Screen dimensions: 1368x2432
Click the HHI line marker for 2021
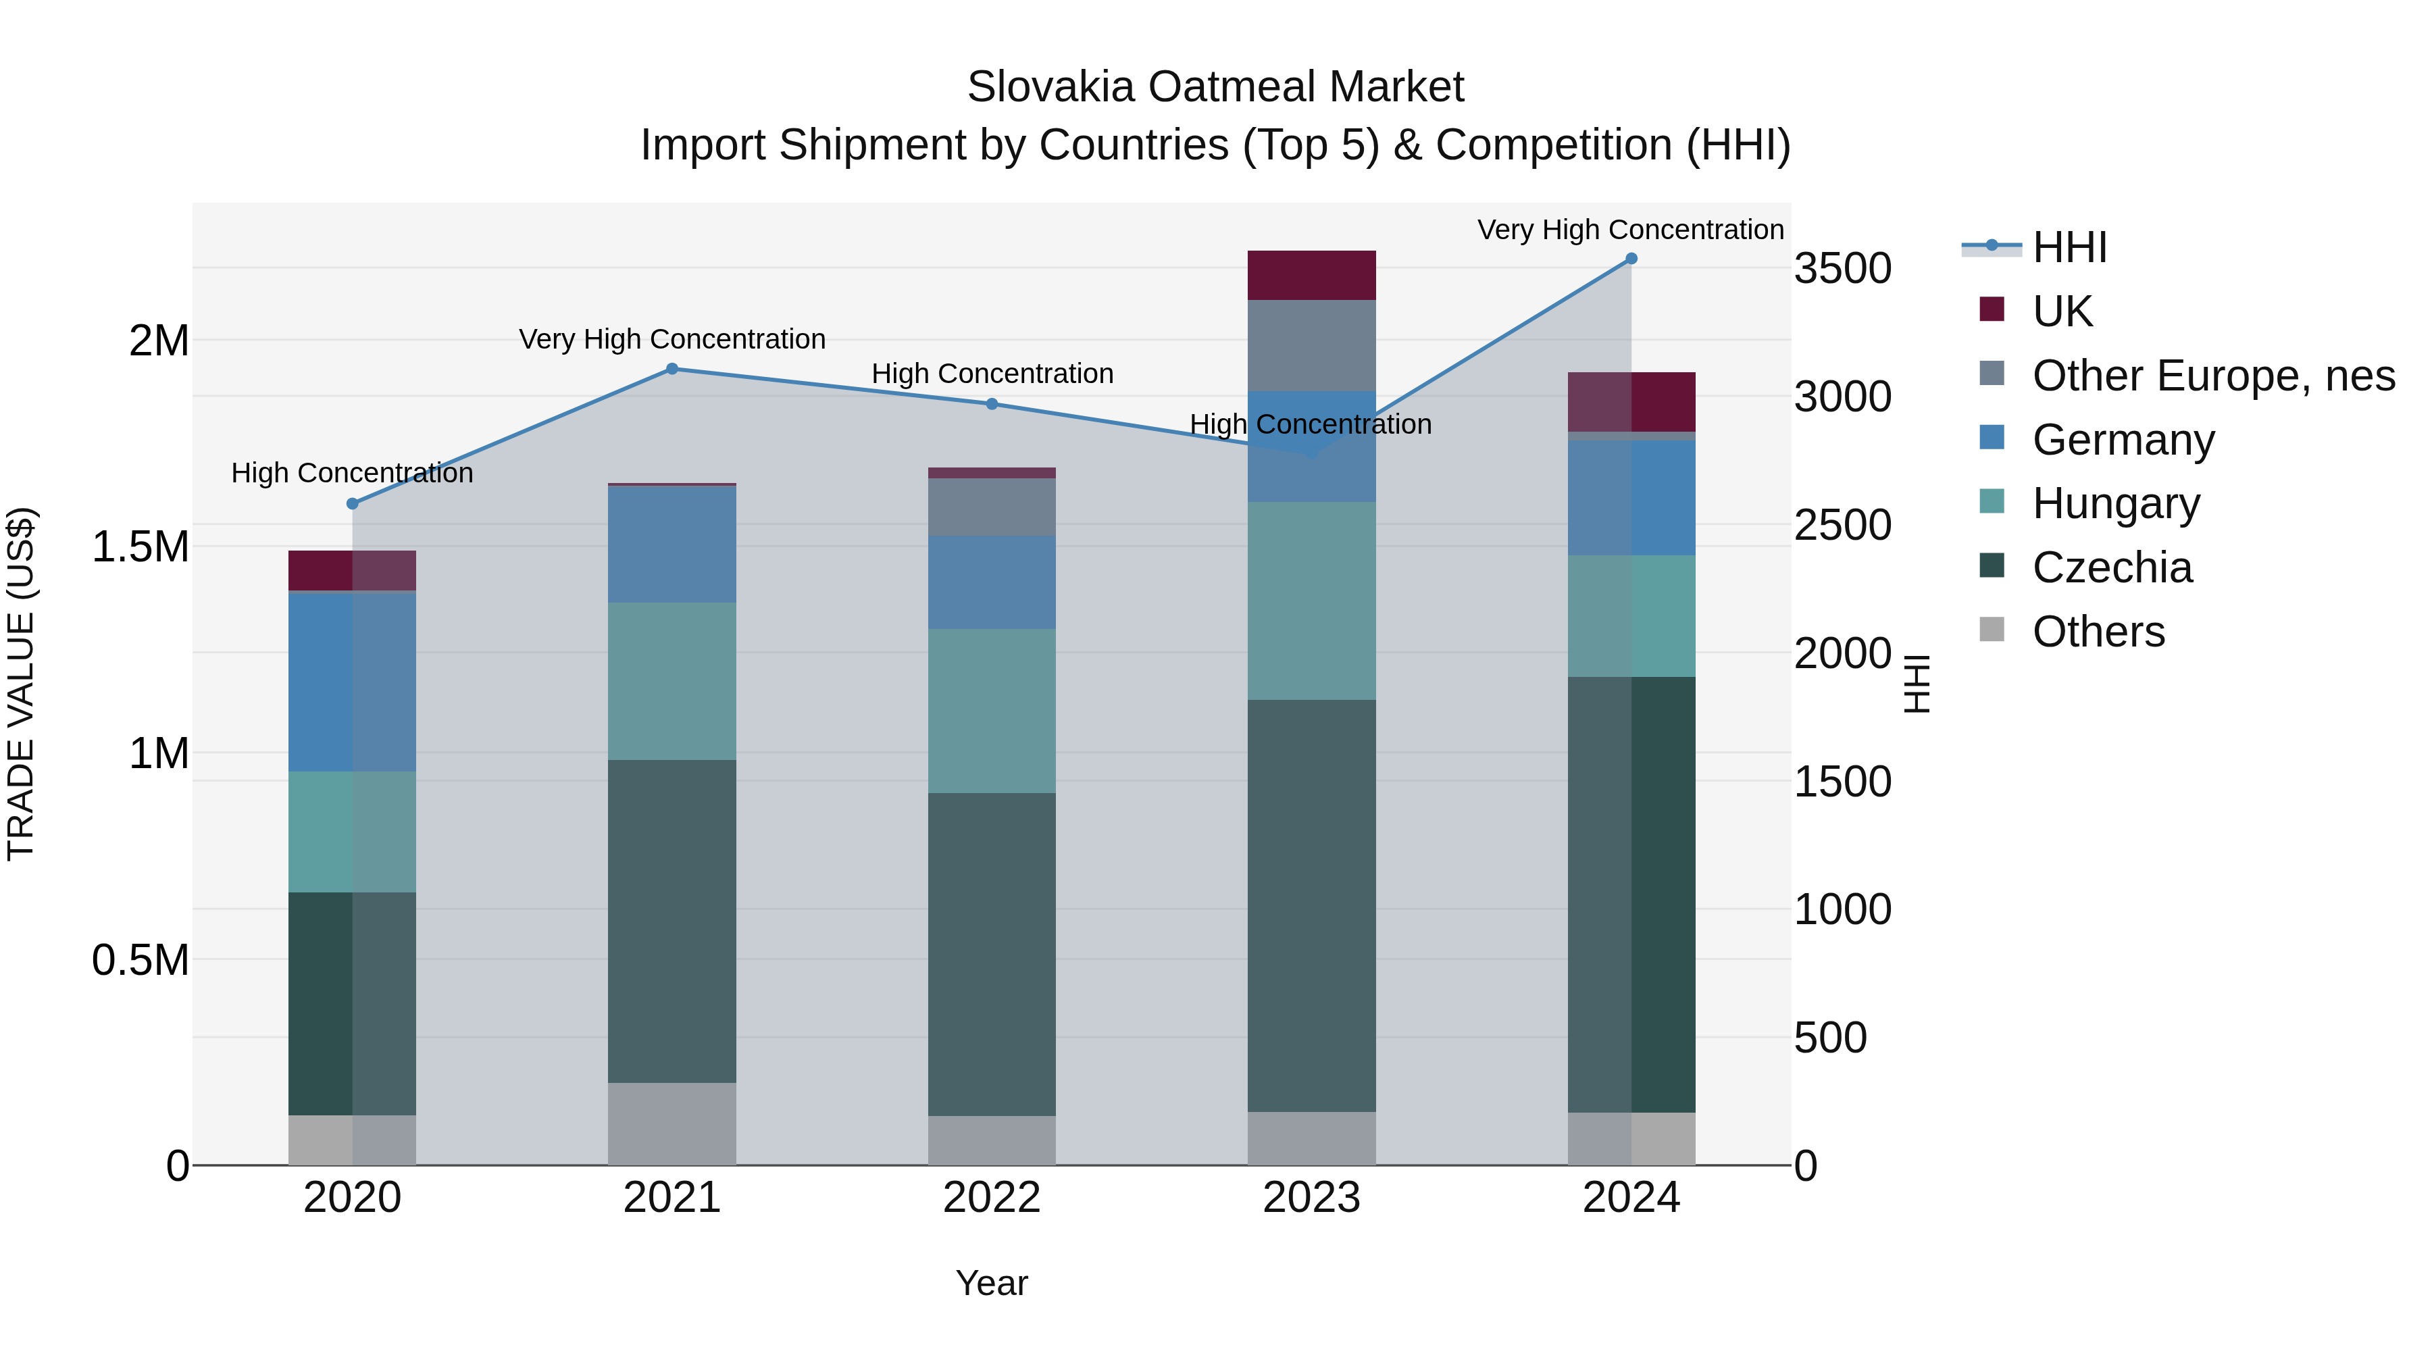click(672, 369)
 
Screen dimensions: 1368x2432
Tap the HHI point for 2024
click(1631, 259)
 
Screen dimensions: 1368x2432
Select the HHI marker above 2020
click(352, 504)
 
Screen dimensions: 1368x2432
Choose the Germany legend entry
click(2123, 440)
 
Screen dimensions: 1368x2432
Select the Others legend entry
click(2098, 632)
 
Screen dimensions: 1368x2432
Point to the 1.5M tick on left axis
click(141, 547)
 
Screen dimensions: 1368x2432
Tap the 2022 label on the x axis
click(991, 1198)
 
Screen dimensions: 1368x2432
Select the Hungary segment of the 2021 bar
click(672, 681)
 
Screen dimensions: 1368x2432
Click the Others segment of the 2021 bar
click(672, 1123)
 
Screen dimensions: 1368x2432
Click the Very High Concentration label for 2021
click(672, 339)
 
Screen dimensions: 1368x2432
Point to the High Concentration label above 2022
click(991, 374)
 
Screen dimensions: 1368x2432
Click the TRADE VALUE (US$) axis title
click(21, 684)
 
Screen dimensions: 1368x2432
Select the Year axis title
click(991, 1283)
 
